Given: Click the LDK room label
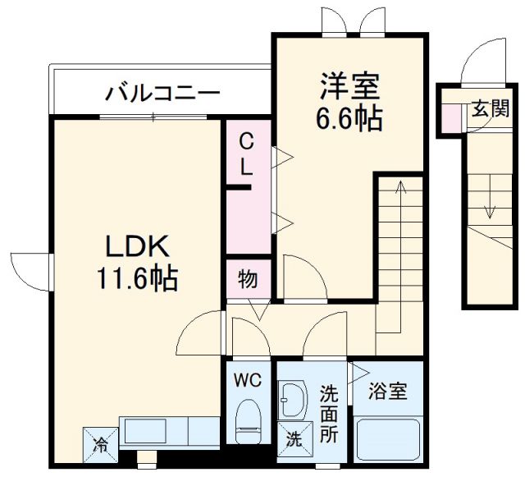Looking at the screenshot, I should click(x=137, y=245).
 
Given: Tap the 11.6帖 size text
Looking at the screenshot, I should click(x=137, y=280).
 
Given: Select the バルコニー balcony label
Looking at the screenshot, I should click(x=162, y=92).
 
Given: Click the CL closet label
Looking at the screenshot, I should click(x=246, y=156).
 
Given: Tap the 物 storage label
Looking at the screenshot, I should click(x=248, y=280).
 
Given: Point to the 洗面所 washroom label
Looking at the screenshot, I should click(x=329, y=414).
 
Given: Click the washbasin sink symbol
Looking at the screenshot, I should click(x=293, y=400).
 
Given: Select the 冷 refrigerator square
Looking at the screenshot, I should click(x=99, y=446).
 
